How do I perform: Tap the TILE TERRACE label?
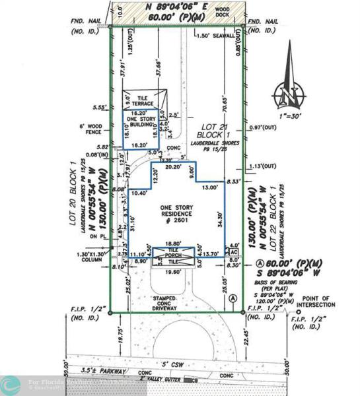(143, 99)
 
